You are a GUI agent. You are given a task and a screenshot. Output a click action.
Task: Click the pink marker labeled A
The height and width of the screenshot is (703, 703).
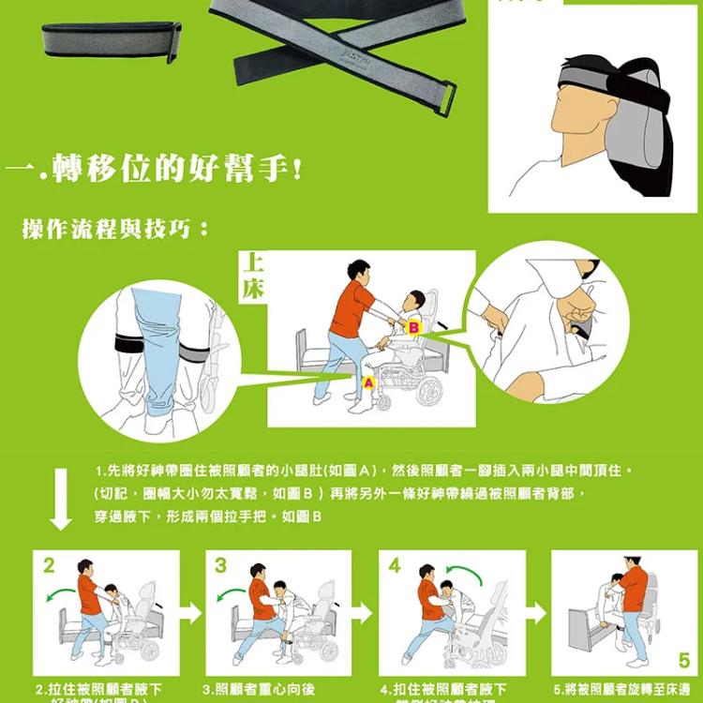[x=368, y=382]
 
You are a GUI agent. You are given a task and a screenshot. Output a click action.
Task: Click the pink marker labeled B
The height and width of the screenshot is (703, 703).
[x=414, y=326]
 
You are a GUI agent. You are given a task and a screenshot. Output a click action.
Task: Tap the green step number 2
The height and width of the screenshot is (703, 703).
[x=48, y=566]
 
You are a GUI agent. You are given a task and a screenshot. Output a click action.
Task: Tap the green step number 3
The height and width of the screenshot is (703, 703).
[x=220, y=566]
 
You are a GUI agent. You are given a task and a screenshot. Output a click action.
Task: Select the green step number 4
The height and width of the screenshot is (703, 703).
[x=395, y=566]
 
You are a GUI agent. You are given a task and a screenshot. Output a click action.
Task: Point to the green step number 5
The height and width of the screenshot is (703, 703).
[x=683, y=661]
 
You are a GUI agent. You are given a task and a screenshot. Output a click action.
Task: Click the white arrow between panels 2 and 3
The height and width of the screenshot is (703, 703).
[x=191, y=614]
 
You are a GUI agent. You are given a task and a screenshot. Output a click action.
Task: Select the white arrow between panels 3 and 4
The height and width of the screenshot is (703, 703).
[x=364, y=614]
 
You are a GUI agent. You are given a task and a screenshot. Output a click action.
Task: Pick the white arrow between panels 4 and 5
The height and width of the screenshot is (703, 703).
[x=536, y=614]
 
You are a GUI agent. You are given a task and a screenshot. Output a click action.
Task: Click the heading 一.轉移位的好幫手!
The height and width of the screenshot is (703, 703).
[x=155, y=172]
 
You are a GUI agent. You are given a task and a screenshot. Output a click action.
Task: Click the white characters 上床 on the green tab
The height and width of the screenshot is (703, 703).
[x=253, y=277]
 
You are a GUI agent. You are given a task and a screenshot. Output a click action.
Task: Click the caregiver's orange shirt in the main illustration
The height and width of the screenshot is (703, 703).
[x=351, y=308]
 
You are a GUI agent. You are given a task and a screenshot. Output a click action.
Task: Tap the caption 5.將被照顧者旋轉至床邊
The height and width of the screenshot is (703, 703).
[x=622, y=689]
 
